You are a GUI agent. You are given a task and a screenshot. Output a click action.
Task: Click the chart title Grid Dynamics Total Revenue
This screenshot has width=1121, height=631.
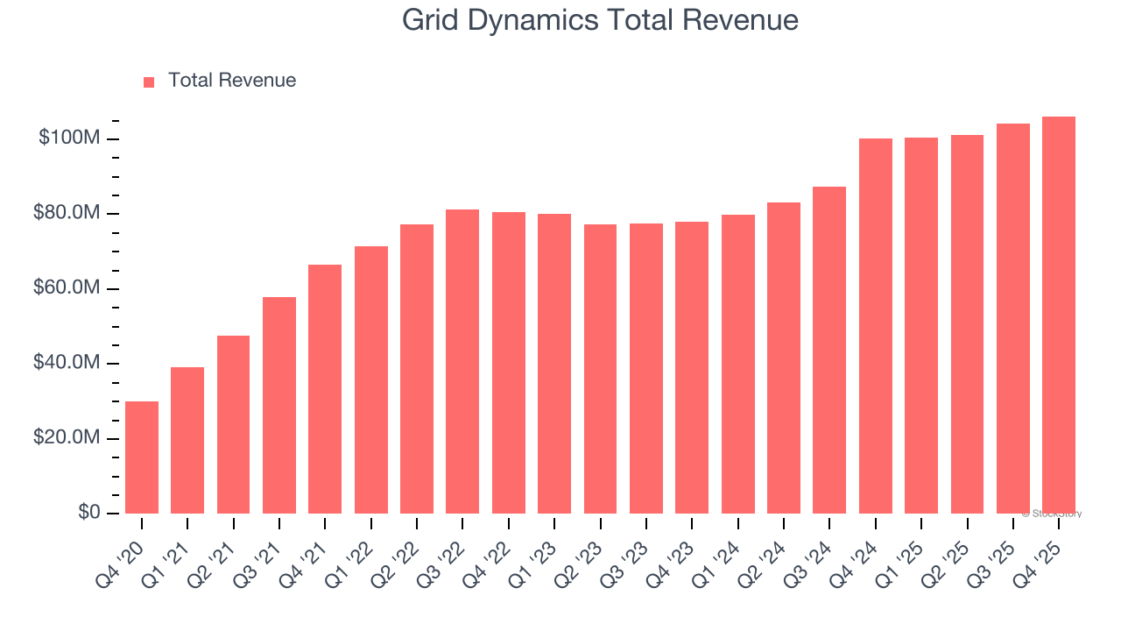600,20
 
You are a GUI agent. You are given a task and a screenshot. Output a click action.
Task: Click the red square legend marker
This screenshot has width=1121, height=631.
149,82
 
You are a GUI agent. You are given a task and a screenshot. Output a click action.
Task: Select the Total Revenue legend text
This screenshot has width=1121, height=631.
232,81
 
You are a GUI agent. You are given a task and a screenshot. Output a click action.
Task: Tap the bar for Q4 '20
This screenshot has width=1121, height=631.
142,457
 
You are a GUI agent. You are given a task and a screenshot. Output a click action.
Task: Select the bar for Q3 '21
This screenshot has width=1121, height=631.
279,405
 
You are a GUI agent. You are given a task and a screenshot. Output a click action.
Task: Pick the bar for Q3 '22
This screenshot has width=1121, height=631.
462,361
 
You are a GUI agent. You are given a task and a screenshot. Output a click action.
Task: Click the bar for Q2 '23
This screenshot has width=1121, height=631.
600,369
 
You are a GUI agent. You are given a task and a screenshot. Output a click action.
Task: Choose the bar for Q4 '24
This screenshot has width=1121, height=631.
875,326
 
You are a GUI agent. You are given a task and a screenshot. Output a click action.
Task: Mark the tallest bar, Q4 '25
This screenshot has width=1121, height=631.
1058,315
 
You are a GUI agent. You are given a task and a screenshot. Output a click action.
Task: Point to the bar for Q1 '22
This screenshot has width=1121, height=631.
371,379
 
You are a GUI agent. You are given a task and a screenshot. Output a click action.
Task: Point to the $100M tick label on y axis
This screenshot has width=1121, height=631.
69,138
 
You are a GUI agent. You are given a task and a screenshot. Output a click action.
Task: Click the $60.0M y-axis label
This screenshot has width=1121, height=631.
67,288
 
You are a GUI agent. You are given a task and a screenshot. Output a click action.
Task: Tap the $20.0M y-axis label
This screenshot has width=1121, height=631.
67,438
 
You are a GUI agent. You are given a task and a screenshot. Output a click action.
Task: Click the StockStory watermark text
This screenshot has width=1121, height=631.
1052,514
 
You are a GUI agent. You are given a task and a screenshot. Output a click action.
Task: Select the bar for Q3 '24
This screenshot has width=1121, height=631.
829,350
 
